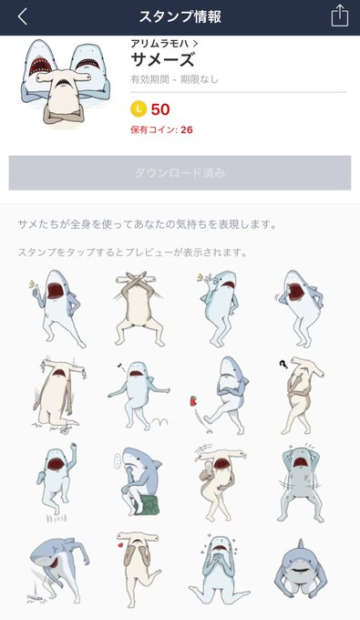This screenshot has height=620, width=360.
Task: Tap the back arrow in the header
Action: [x=23, y=17]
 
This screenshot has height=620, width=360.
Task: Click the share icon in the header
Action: [x=339, y=16]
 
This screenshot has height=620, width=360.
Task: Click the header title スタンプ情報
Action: [x=180, y=17]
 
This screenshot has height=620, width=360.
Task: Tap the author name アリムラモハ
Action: [x=159, y=44]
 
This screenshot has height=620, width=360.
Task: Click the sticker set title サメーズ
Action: [x=162, y=60]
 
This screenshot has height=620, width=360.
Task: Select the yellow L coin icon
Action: [x=139, y=109]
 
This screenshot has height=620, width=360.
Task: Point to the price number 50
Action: [x=160, y=109]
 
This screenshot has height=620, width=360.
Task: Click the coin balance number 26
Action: [x=187, y=129]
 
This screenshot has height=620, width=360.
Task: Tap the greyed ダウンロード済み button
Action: [x=180, y=173]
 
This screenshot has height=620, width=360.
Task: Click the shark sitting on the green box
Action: [x=139, y=481]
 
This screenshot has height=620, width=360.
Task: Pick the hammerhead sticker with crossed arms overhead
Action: [x=137, y=308]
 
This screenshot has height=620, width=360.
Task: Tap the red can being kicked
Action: [x=193, y=401]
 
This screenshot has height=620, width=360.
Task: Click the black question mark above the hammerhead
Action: [x=283, y=364]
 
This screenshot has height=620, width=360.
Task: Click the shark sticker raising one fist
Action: [x=57, y=478]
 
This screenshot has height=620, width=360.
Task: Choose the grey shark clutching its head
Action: [x=301, y=484]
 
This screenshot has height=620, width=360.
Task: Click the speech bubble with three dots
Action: [x=118, y=460]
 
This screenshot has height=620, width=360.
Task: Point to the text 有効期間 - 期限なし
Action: [x=174, y=79]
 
